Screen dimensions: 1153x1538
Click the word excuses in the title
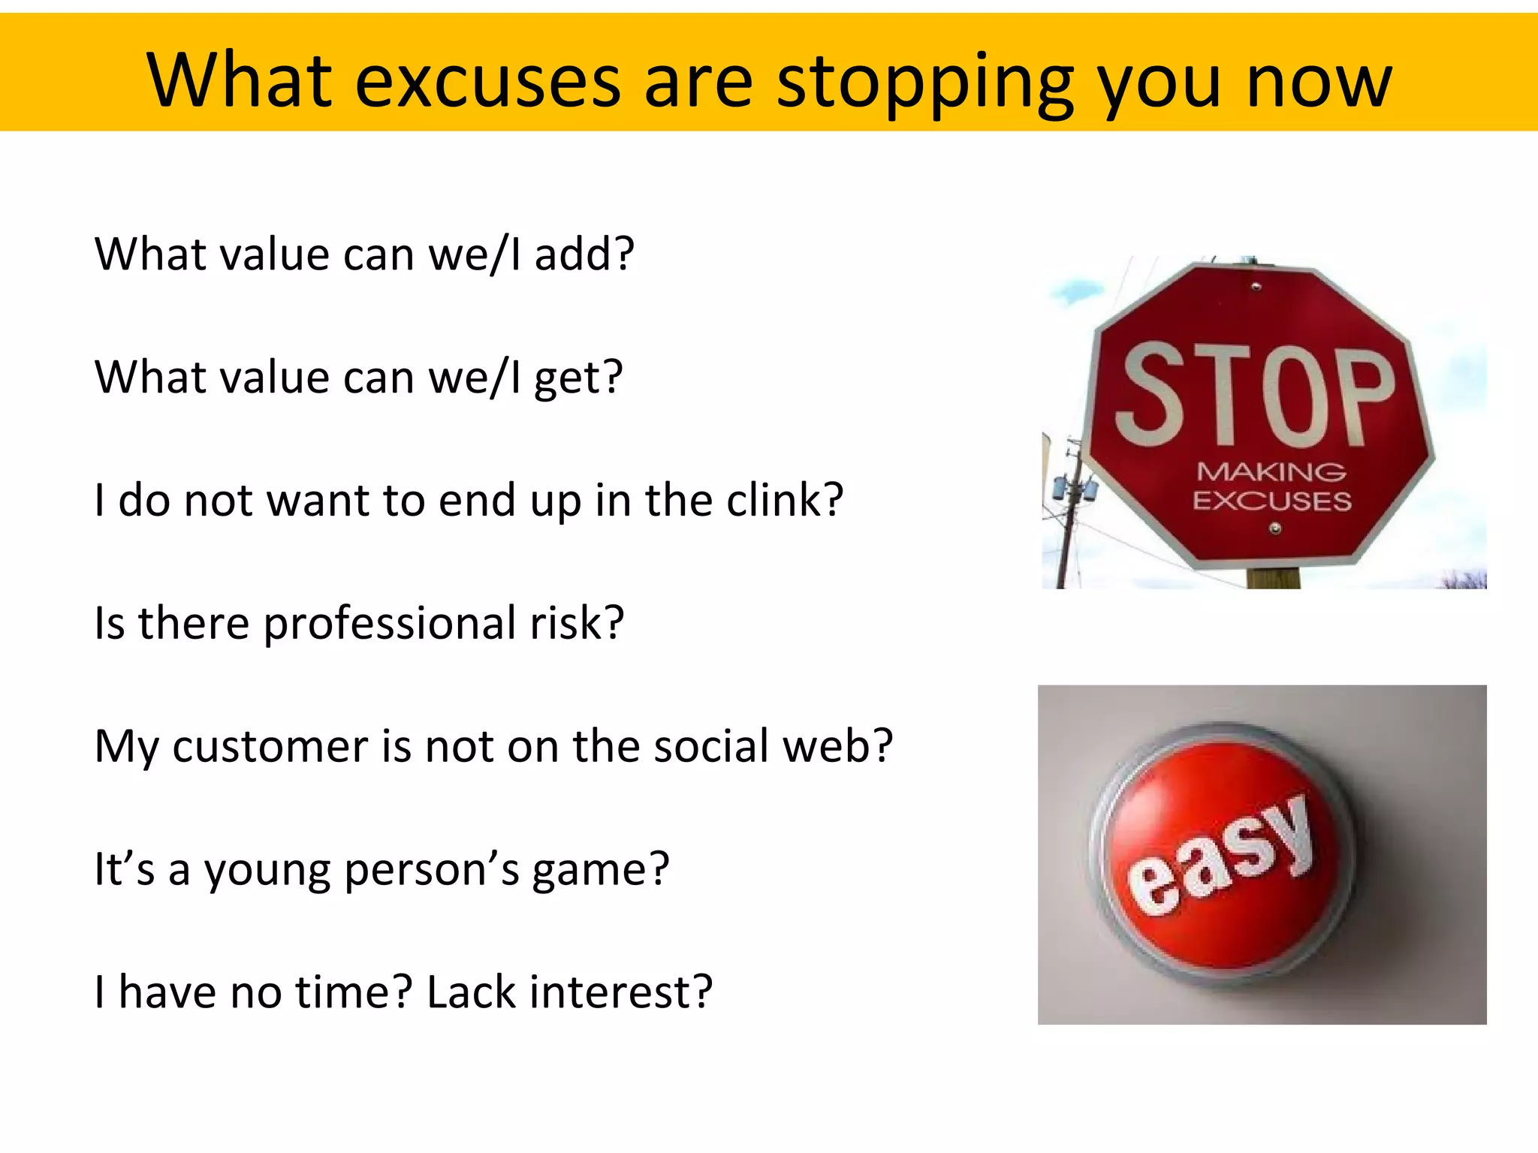[x=487, y=81]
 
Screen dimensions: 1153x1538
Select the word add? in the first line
[x=584, y=254]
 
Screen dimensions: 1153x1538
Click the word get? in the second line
[x=578, y=377]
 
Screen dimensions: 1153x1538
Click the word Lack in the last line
[x=472, y=992]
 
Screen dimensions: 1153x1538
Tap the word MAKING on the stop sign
[x=1271, y=472]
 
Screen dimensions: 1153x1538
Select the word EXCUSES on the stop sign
[x=1271, y=501]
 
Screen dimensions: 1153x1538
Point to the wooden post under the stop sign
[x=1273, y=578]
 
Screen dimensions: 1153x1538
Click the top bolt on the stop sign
[x=1256, y=286]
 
